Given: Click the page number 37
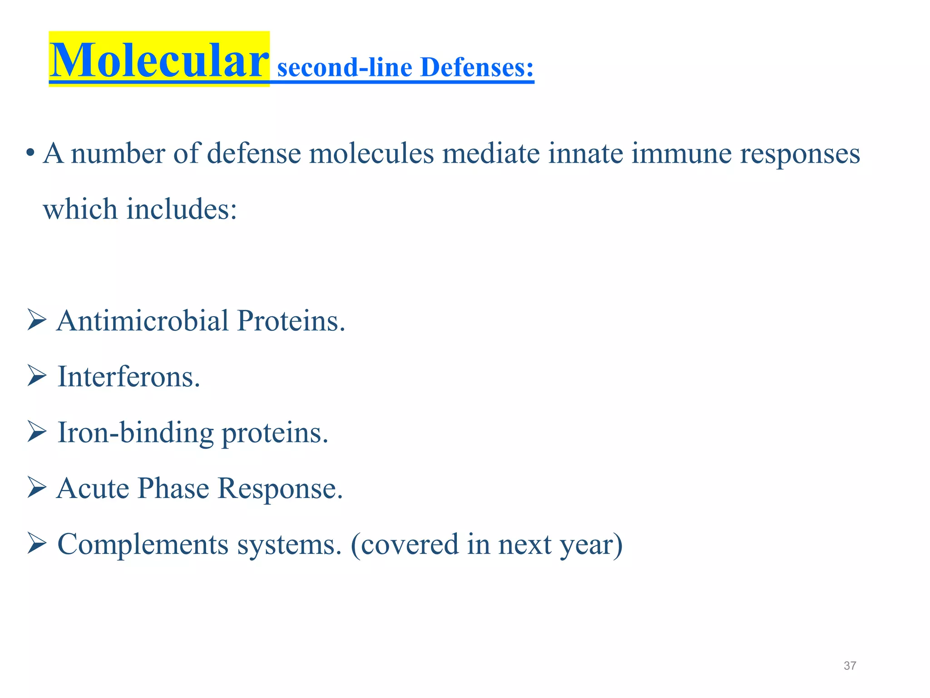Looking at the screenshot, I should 850,666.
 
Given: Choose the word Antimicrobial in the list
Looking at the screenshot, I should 143,321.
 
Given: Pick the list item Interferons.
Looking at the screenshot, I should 129,377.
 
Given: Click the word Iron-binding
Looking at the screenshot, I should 135,433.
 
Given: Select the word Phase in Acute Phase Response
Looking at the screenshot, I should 173,489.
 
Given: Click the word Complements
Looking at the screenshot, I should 143,544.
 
